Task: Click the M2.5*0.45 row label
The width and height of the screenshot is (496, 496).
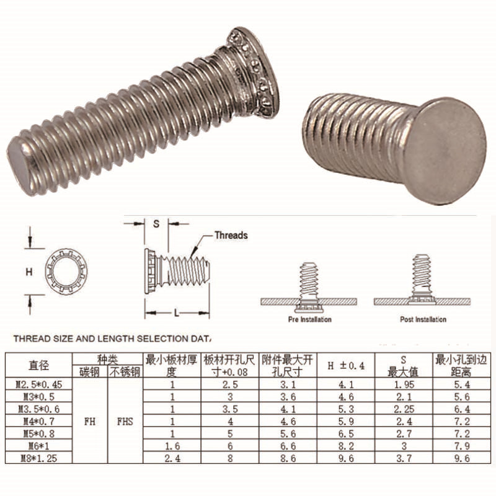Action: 39,384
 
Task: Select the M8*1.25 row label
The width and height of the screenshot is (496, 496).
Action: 39,458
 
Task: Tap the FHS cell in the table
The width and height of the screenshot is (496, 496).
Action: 125,422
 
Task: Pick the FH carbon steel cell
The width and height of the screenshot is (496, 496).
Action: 90,422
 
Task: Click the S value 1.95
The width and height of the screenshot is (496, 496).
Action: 404,384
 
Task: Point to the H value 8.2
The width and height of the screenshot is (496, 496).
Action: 346,446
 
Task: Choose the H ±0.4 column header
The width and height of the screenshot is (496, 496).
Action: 346,366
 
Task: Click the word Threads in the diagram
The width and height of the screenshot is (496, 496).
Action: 231,236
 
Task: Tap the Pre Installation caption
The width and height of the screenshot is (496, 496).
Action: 309,319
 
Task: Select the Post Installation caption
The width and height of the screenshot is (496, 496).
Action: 423,319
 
